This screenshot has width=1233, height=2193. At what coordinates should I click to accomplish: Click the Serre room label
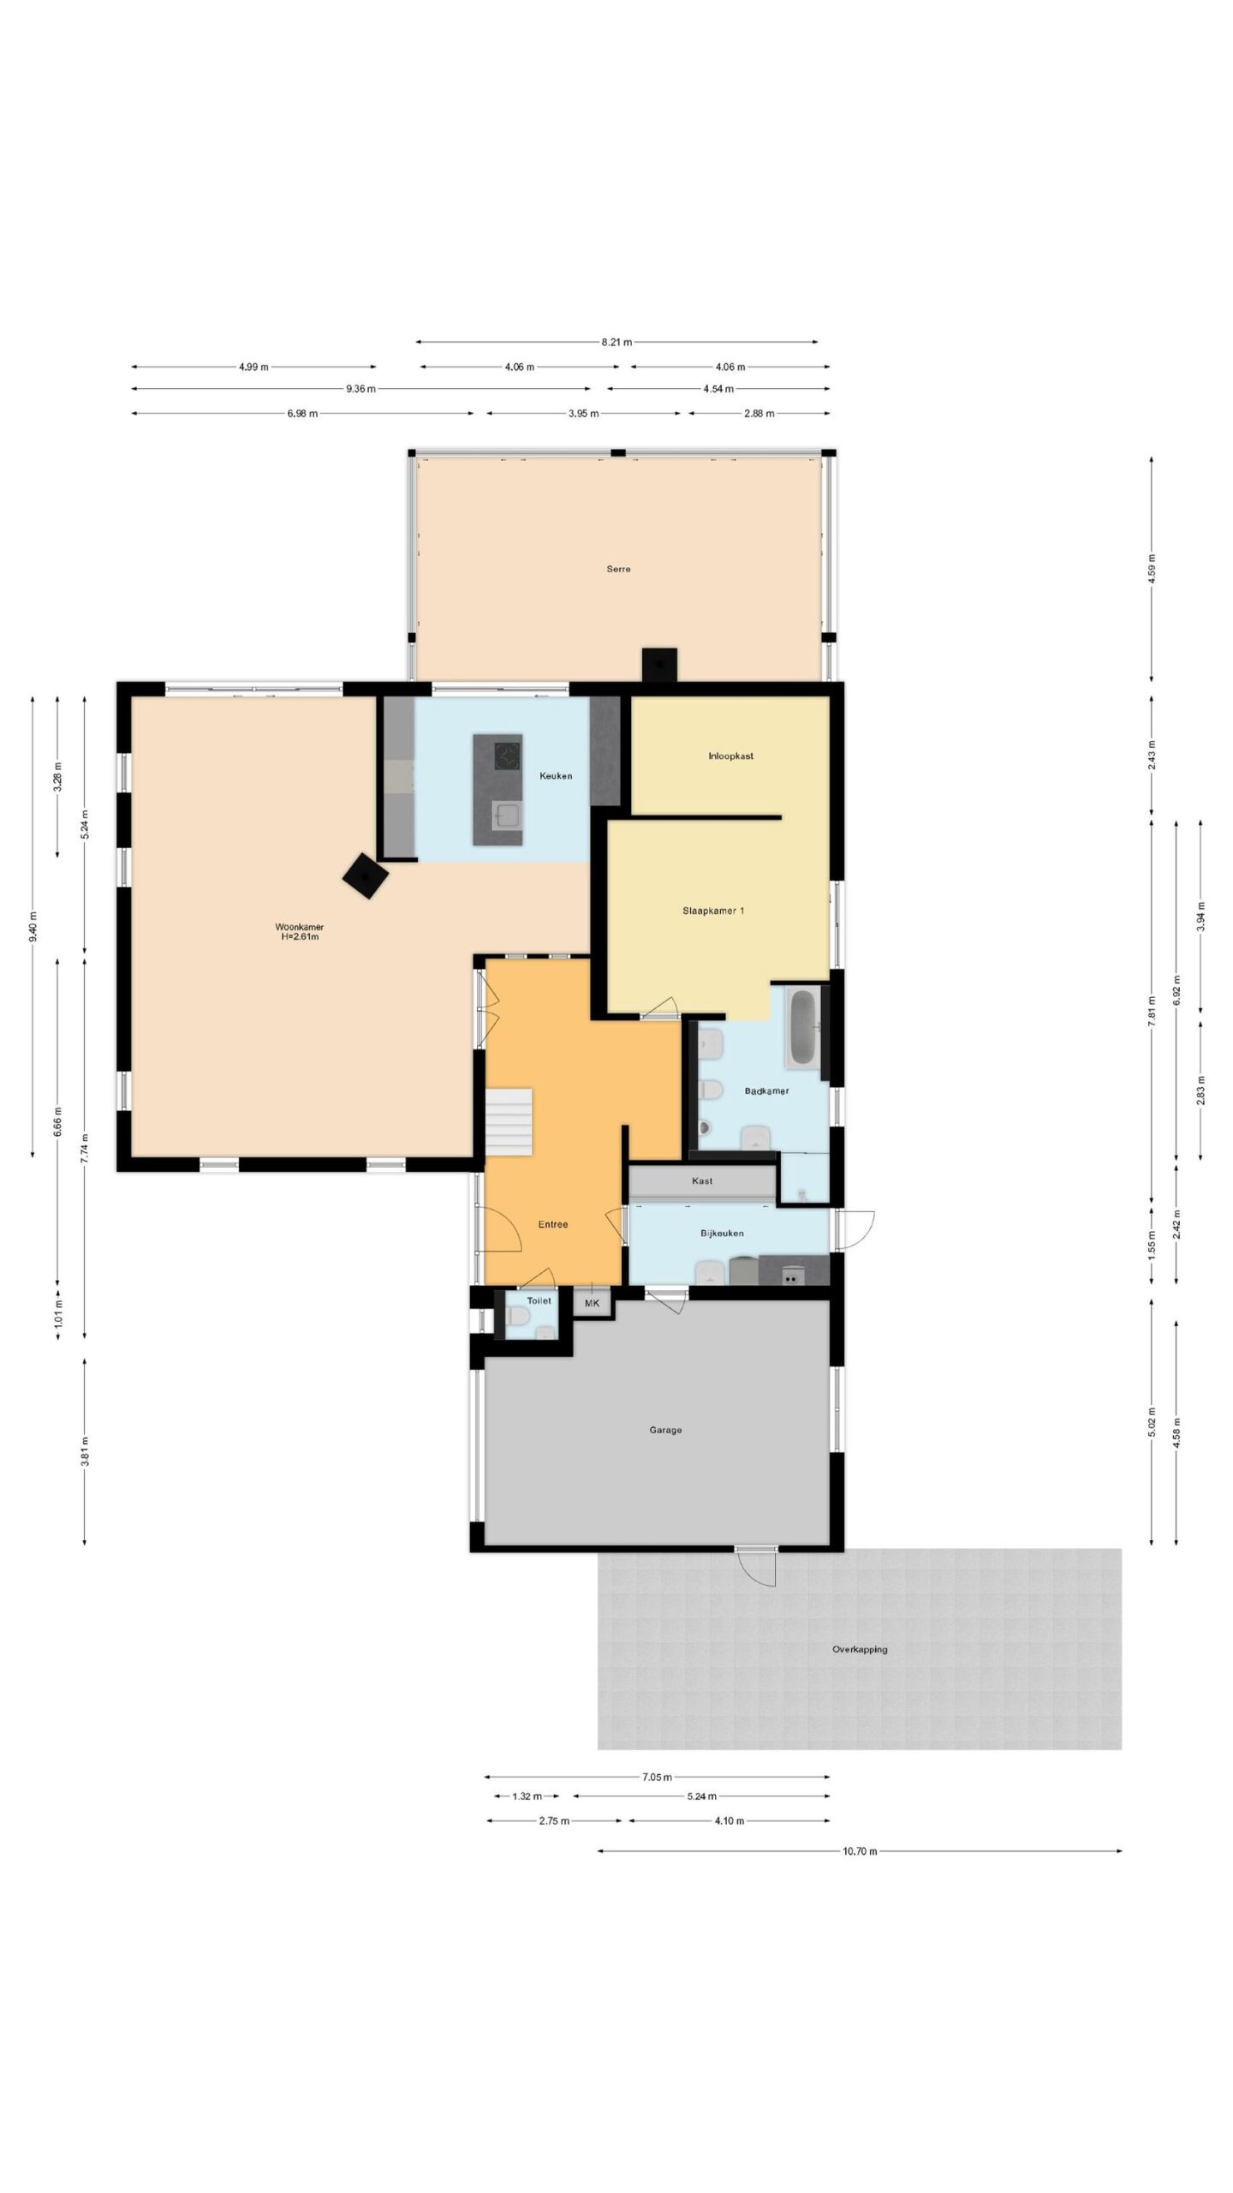point(618,569)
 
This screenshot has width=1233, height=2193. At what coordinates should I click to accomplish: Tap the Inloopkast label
point(730,756)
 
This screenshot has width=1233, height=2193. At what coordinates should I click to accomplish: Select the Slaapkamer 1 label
point(712,911)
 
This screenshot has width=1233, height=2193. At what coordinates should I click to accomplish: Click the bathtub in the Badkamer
point(802,1028)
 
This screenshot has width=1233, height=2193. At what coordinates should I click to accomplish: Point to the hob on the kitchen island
point(509,755)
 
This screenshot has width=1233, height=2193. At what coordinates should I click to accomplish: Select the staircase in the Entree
point(509,1121)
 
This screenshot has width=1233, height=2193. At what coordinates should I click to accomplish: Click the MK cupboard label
point(592,1303)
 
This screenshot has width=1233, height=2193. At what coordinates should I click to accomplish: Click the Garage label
point(665,1430)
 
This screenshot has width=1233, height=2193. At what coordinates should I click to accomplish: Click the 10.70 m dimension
point(860,1851)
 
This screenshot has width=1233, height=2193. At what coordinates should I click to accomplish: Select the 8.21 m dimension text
point(616,343)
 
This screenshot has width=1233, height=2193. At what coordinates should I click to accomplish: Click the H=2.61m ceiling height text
point(299,937)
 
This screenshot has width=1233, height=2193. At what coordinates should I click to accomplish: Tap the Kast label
point(702,1180)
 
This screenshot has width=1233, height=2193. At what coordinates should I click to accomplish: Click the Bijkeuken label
point(722,1233)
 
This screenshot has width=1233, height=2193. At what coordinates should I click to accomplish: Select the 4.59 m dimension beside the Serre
point(1152,569)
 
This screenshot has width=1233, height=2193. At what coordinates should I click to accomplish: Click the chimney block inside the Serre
point(659,664)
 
